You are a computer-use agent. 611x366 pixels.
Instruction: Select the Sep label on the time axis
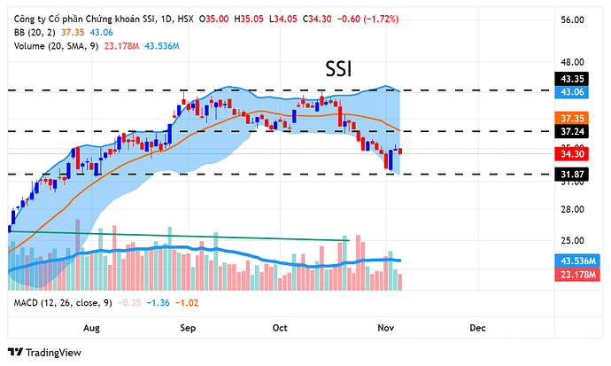tap(188, 328)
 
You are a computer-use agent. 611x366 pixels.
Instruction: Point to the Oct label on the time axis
tap(281, 328)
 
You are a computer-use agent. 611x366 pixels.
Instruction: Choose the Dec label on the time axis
tap(477, 328)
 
